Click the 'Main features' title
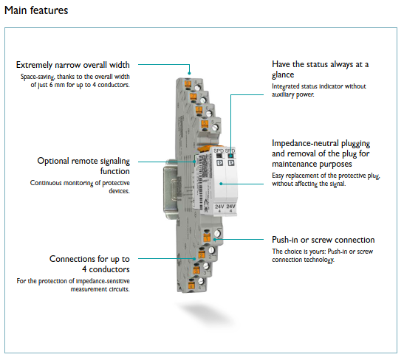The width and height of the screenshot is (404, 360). point(36,10)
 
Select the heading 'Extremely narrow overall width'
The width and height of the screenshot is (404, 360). point(73,65)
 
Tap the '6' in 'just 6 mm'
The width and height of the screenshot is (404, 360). point(51,85)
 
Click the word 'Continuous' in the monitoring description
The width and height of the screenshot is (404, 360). point(46,183)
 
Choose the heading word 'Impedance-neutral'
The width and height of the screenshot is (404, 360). point(305,143)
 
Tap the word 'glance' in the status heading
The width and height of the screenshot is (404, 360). point(283,75)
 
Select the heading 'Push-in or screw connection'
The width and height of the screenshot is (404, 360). point(323,240)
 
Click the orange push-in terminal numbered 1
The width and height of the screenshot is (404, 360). point(207,238)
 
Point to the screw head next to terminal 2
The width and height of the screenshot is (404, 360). point(211,250)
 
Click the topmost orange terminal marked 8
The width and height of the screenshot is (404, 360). point(188,83)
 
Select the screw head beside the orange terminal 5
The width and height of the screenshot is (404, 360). point(215,127)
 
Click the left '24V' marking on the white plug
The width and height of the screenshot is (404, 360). point(219,207)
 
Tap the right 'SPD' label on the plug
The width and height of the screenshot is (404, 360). point(230,150)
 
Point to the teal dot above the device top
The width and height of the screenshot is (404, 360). point(189,73)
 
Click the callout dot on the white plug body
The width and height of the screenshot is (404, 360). point(221,184)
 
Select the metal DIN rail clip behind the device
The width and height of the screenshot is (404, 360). point(170,189)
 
